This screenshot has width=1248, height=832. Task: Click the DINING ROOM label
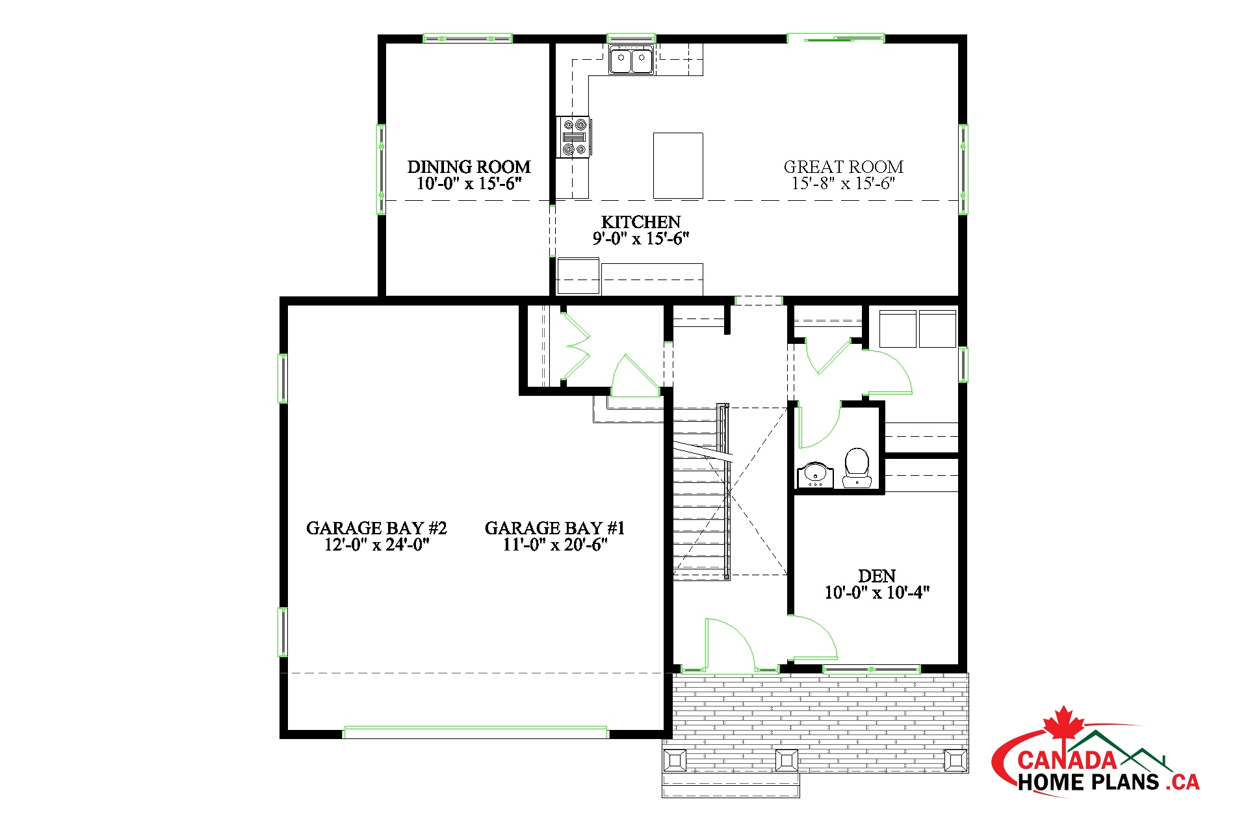(x=469, y=167)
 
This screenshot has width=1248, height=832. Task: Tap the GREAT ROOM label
(x=843, y=167)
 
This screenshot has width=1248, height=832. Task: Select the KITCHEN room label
(x=641, y=222)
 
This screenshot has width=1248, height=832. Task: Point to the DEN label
(x=877, y=576)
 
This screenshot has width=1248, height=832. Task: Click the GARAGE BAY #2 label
(x=376, y=528)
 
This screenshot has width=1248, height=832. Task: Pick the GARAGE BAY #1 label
(x=554, y=528)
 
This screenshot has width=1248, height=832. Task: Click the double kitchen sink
(x=631, y=60)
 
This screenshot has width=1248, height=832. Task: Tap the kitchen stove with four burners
(x=573, y=136)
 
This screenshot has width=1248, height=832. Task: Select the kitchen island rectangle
(x=678, y=166)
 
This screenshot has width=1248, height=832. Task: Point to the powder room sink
(x=814, y=474)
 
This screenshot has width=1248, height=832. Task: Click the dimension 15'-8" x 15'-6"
(x=843, y=183)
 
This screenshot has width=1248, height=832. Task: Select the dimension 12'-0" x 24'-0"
(x=376, y=545)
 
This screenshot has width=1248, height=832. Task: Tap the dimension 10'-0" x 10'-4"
(x=877, y=593)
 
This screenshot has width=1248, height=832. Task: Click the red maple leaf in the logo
(x=1063, y=723)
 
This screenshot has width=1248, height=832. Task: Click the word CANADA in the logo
(x=1067, y=760)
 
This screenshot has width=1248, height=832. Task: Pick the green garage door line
(x=475, y=733)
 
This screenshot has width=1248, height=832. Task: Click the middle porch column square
(x=787, y=760)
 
